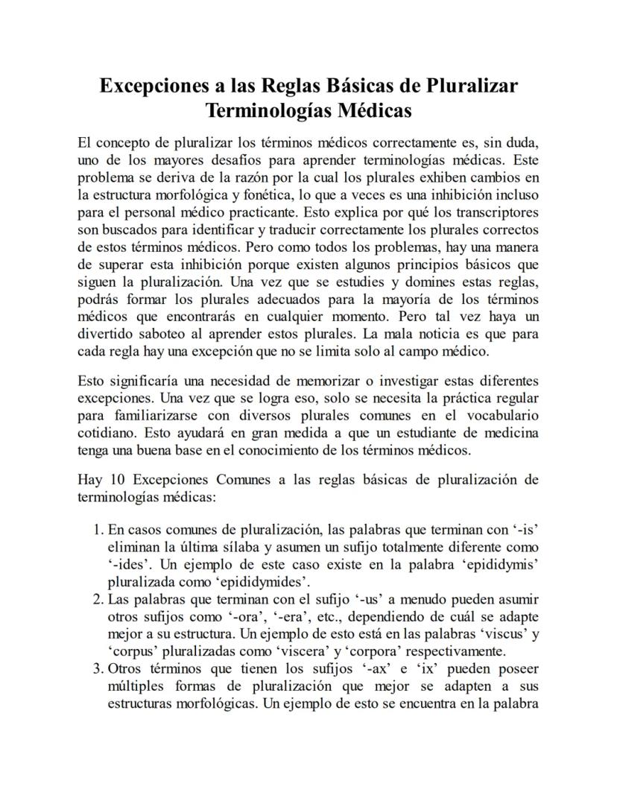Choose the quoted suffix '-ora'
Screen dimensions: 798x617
point(224,616)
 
